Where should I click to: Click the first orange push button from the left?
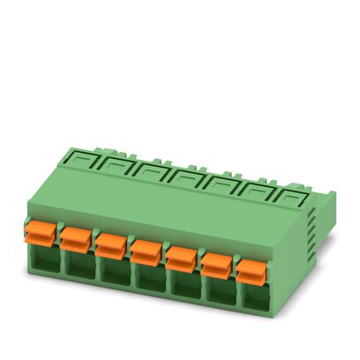[39, 235]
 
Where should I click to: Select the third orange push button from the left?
[110, 245]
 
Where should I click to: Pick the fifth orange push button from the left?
[182, 259]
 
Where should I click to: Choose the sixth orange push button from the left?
[216, 264]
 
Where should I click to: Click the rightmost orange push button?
[251, 271]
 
